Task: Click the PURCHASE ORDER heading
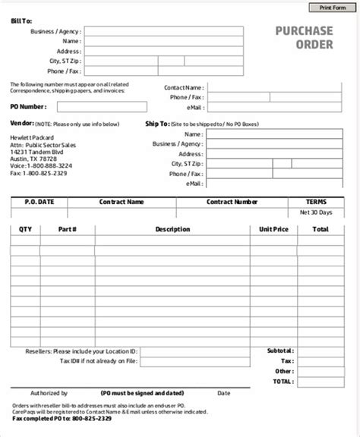304,37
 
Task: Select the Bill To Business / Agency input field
163,32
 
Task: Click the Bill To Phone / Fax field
163,71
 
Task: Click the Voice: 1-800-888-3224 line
42,165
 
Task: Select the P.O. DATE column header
39,203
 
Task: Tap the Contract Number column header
232,203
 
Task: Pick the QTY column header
24,228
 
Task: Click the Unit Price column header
274,228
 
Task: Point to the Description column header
172,228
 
